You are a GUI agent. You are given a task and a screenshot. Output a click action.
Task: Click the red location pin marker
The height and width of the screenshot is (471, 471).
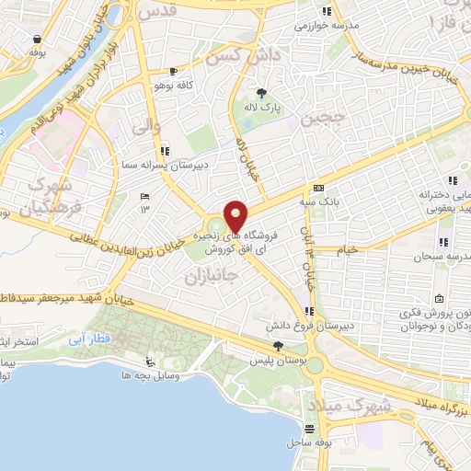click(236, 215)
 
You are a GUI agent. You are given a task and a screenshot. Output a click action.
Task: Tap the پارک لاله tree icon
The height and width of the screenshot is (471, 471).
click(262, 92)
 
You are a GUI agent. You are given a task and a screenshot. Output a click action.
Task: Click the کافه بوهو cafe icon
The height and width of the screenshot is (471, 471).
click(173, 72)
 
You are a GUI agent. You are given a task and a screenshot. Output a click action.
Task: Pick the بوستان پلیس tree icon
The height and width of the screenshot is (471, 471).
click(279, 345)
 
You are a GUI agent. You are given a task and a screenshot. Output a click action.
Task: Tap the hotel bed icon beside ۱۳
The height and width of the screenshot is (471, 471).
click(144, 197)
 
